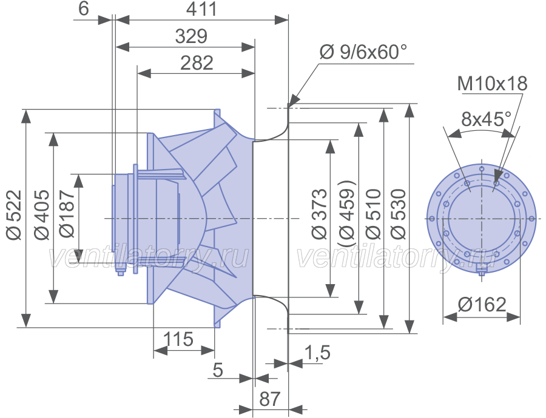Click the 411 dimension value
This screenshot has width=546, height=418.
(201, 9)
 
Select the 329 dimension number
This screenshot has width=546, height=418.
(191, 36)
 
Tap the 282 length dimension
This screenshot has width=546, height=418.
(197, 63)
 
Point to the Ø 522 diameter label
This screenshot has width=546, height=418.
(15, 215)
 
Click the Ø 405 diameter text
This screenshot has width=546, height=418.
(42, 215)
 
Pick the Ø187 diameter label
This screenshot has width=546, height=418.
(67, 213)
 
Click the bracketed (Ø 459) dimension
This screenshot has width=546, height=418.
(347, 214)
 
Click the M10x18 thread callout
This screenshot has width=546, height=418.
(493, 84)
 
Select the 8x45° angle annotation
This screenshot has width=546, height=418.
(487, 119)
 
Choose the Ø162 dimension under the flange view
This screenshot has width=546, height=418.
(482, 305)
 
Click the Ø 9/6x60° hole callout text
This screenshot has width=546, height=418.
(363, 52)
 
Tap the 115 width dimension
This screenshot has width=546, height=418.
(178, 339)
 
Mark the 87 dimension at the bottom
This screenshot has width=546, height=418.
(270, 399)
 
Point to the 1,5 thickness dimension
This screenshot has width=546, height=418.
(317, 353)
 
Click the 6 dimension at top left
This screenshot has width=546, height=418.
(84, 8)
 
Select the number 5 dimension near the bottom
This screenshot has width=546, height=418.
(218, 370)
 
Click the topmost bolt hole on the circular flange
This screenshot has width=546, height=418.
(482, 169)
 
